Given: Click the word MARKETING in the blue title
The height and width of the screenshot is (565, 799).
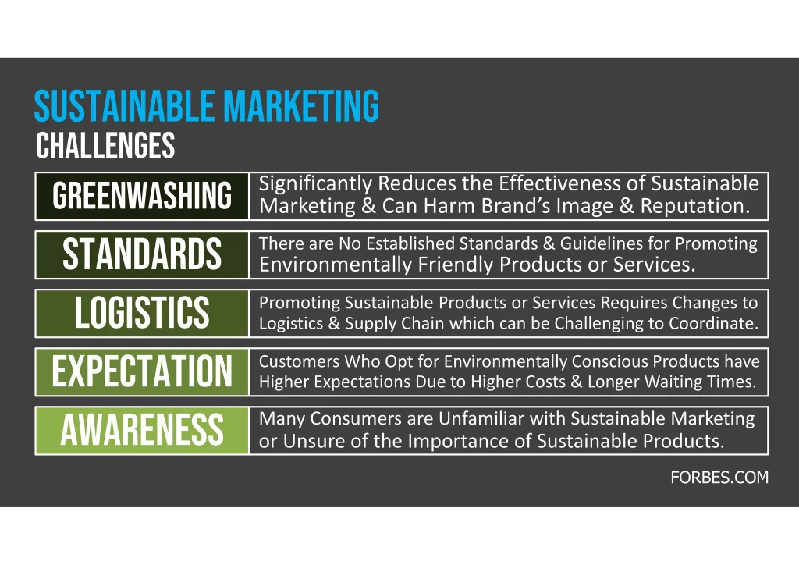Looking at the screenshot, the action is (301, 106).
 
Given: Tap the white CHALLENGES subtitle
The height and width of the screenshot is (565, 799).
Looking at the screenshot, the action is (105, 145).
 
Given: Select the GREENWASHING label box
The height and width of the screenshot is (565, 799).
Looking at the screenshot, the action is (142, 196).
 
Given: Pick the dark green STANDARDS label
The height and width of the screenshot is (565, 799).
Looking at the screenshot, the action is (142, 254).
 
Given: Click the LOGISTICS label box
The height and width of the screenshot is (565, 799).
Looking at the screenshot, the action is (142, 313).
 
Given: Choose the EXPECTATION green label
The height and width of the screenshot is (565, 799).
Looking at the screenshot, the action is (142, 372).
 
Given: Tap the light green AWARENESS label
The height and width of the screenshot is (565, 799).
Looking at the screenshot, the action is (142, 431).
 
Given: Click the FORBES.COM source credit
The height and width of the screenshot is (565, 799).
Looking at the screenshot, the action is (719, 478).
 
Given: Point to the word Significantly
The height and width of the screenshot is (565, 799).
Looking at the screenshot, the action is (315, 184).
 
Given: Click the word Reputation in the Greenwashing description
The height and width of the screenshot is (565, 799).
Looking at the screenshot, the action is (695, 206).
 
